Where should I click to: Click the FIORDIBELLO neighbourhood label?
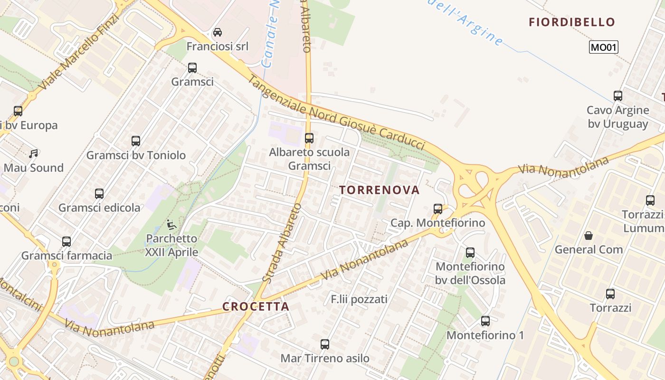click(x=572, y=22)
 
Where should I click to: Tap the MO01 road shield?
click(x=603, y=47)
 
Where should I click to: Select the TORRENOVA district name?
click(x=380, y=190)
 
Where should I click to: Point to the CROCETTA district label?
click(x=256, y=306)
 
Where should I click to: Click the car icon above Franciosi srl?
click(x=217, y=32)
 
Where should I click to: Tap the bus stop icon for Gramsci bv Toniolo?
click(x=136, y=141)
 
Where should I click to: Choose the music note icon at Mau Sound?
click(x=33, y=154)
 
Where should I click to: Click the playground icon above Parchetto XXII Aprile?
click(x=171, y=224)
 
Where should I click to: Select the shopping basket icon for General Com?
click(x=589, y=236)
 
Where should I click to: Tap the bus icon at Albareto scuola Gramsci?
click(x=309, y=138)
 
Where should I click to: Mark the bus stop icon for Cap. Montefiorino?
click(x=438, y=209)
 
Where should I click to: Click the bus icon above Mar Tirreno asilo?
click(x=325, y=344)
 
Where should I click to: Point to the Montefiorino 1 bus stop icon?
click(x=485, y=321)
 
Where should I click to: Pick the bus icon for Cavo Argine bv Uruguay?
click(x=618, y=96)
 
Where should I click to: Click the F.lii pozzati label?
click(x=359, y=299)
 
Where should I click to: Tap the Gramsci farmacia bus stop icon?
click(x=66, y=242)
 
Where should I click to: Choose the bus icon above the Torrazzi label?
click(x=610, y=294)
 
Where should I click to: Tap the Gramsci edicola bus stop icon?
click(x=99, y=194)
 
